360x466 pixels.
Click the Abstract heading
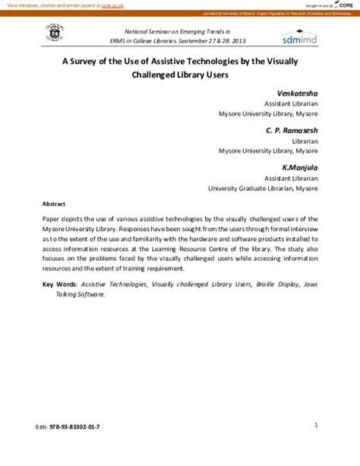53,204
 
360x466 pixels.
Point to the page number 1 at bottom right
315,425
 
